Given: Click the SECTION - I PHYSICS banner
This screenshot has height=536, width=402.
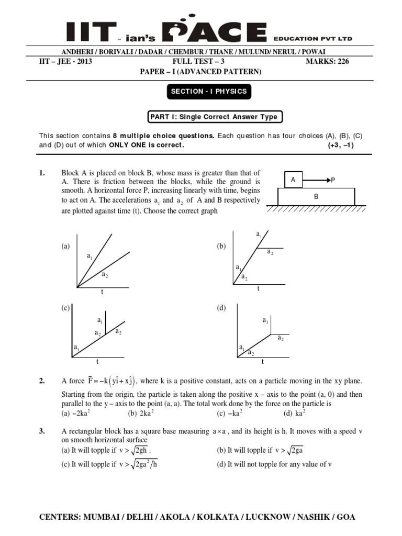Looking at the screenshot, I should click(x=208, y=92).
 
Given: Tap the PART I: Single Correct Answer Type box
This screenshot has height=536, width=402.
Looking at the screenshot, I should click(x=215, y=117).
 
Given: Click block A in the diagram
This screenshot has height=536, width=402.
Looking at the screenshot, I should click(x=293, y=180).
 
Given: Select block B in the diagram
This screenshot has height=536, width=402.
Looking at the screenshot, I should click(x=316, y=197).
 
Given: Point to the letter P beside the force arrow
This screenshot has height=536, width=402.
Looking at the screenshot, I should click(x=331, y=180).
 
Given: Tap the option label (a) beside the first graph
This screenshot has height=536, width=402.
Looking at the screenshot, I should click(x=65, y=246).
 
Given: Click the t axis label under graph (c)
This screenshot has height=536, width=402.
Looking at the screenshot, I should click(x=97, y=362).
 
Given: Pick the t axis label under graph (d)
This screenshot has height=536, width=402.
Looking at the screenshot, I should click(x=262, y=362).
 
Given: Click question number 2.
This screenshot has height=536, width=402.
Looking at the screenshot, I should click(x=42, y=382).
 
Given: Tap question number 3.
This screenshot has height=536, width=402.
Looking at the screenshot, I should click(x=42, y=430).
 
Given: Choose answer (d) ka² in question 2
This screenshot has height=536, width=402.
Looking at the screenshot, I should click(x=295, y=413).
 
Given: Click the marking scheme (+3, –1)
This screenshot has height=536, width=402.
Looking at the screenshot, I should click(x=341, y=145).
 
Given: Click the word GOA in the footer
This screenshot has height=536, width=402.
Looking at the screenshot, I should click(x=345, y=517).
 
